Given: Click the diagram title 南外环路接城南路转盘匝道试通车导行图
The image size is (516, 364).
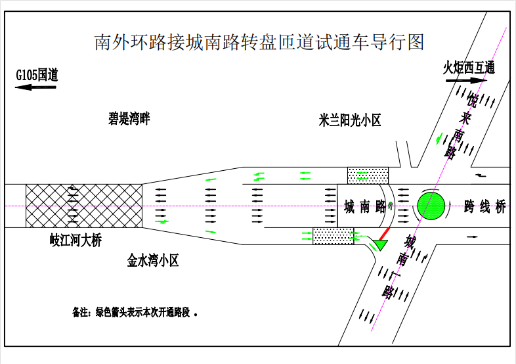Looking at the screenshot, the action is pyautogui.click(x=259, y=42).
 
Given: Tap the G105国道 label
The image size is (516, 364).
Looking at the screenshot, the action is pyautogui.click(x=37, y=75).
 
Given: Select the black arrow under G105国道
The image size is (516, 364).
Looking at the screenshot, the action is pyautogui.click(x=35, y=87).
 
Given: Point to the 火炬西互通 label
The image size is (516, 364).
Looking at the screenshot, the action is pyautogui.click(x=469, y=68).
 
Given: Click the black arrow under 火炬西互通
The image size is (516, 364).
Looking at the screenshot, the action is pyautogui.click(x=466, y=80).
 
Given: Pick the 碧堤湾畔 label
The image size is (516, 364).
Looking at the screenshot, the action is pyautogui.click(x=129, y=118).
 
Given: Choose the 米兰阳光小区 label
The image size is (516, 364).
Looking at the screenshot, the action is pyautogui.click(x=350, y=120).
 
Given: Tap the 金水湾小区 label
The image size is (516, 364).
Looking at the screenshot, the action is pyautogui.click(x=153, y=261).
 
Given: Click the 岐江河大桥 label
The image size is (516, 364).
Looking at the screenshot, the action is pyautogui.click(x=75, y=240).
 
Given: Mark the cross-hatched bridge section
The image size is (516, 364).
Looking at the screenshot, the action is pyautogui.click(x=84, y=206).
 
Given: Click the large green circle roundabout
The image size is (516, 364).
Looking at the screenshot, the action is pyautogui.click(x=431, y=206).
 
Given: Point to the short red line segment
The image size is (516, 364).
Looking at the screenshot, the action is pyautogui.click(x=384, y=234).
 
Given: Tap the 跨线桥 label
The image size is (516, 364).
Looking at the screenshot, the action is pyautogui.click(x=484, y=207).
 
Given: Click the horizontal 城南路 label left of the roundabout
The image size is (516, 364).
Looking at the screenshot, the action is pyautogui.click(x=364, y=207).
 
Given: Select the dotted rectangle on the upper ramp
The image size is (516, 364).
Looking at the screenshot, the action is pyautogui.click(x=368, y=175).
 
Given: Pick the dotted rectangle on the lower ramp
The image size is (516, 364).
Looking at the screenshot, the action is pyautogui.click(x=333, y=236).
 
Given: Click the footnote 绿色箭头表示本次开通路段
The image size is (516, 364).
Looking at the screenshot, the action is pyautogui.click(x=142, y=312).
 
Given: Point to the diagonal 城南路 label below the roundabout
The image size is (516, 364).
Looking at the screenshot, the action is pyautogui.click(x=399, y=267).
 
